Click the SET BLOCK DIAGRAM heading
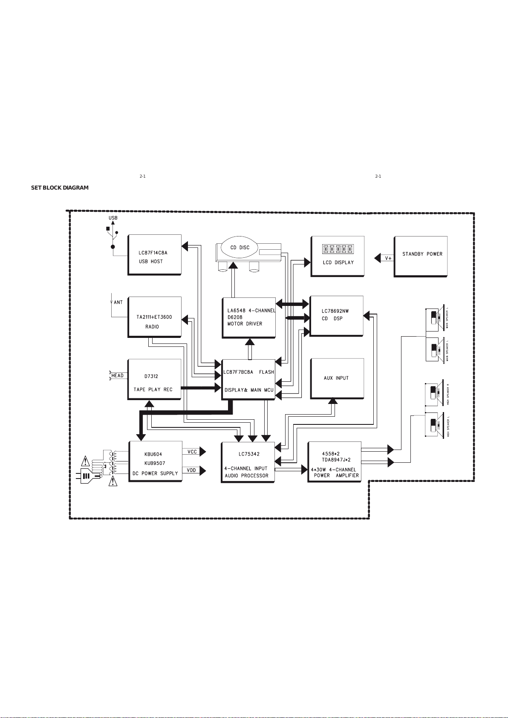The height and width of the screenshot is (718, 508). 60,188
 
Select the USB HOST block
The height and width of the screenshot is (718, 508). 154,254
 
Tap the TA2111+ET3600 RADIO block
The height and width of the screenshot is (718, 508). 154,317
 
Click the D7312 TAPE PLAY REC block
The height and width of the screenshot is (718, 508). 154,379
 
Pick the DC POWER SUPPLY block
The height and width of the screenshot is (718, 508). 155,461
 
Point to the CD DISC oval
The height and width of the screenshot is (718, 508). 240,248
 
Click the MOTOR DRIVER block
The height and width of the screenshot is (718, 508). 248,317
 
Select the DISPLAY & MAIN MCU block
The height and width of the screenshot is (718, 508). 248,379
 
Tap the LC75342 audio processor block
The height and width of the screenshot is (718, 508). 248,462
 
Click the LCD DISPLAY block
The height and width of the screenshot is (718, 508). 338,256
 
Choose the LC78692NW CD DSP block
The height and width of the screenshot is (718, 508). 336,315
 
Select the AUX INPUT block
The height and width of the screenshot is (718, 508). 337,378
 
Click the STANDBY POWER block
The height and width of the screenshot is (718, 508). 421,256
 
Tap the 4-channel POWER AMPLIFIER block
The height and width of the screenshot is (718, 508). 335,462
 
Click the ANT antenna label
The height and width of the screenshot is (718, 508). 118,303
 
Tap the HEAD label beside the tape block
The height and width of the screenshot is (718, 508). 118,376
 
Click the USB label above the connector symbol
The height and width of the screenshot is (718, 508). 113,218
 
